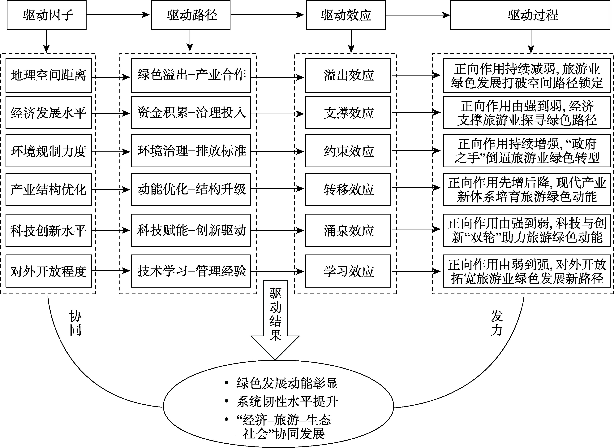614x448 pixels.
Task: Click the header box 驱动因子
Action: (x=47, y=15)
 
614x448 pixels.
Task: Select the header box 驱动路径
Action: (x=191, y=15)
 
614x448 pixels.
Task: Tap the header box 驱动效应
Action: (x=346, y=15)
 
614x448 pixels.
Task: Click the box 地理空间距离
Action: (x=49, y=75)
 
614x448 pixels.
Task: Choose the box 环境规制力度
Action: (x=49, y=151)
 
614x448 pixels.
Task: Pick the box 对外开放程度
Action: (x=49, y=271)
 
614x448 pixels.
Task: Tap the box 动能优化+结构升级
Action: (x=191, y=189)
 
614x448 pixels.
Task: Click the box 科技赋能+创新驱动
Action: (x=191, y=230)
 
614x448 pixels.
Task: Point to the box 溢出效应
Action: (x=348, y=75)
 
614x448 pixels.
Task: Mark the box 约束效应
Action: (x=348, y=151)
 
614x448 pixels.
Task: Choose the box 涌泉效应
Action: (x=348, y=230)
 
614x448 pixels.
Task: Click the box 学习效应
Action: (x=348, y=271)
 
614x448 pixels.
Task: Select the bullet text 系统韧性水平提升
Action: (x=287, y=402)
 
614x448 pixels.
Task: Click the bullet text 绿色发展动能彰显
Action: (x=287, y=383)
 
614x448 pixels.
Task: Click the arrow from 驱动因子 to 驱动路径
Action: (x=118, y=15)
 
